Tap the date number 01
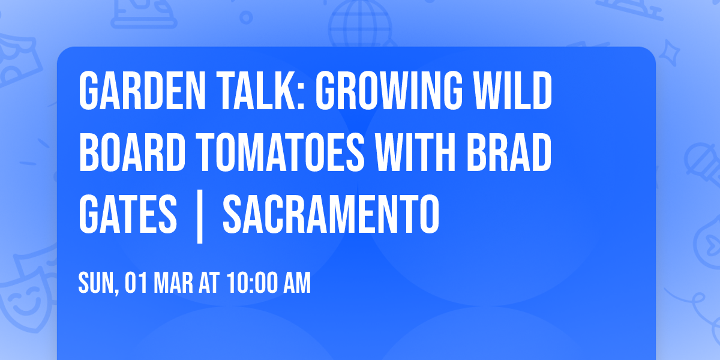click(136, 283)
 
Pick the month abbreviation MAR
click(175, 283)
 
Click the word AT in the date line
click(209, 283)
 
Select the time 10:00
click(251, 283)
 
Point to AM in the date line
click(297, 283)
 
